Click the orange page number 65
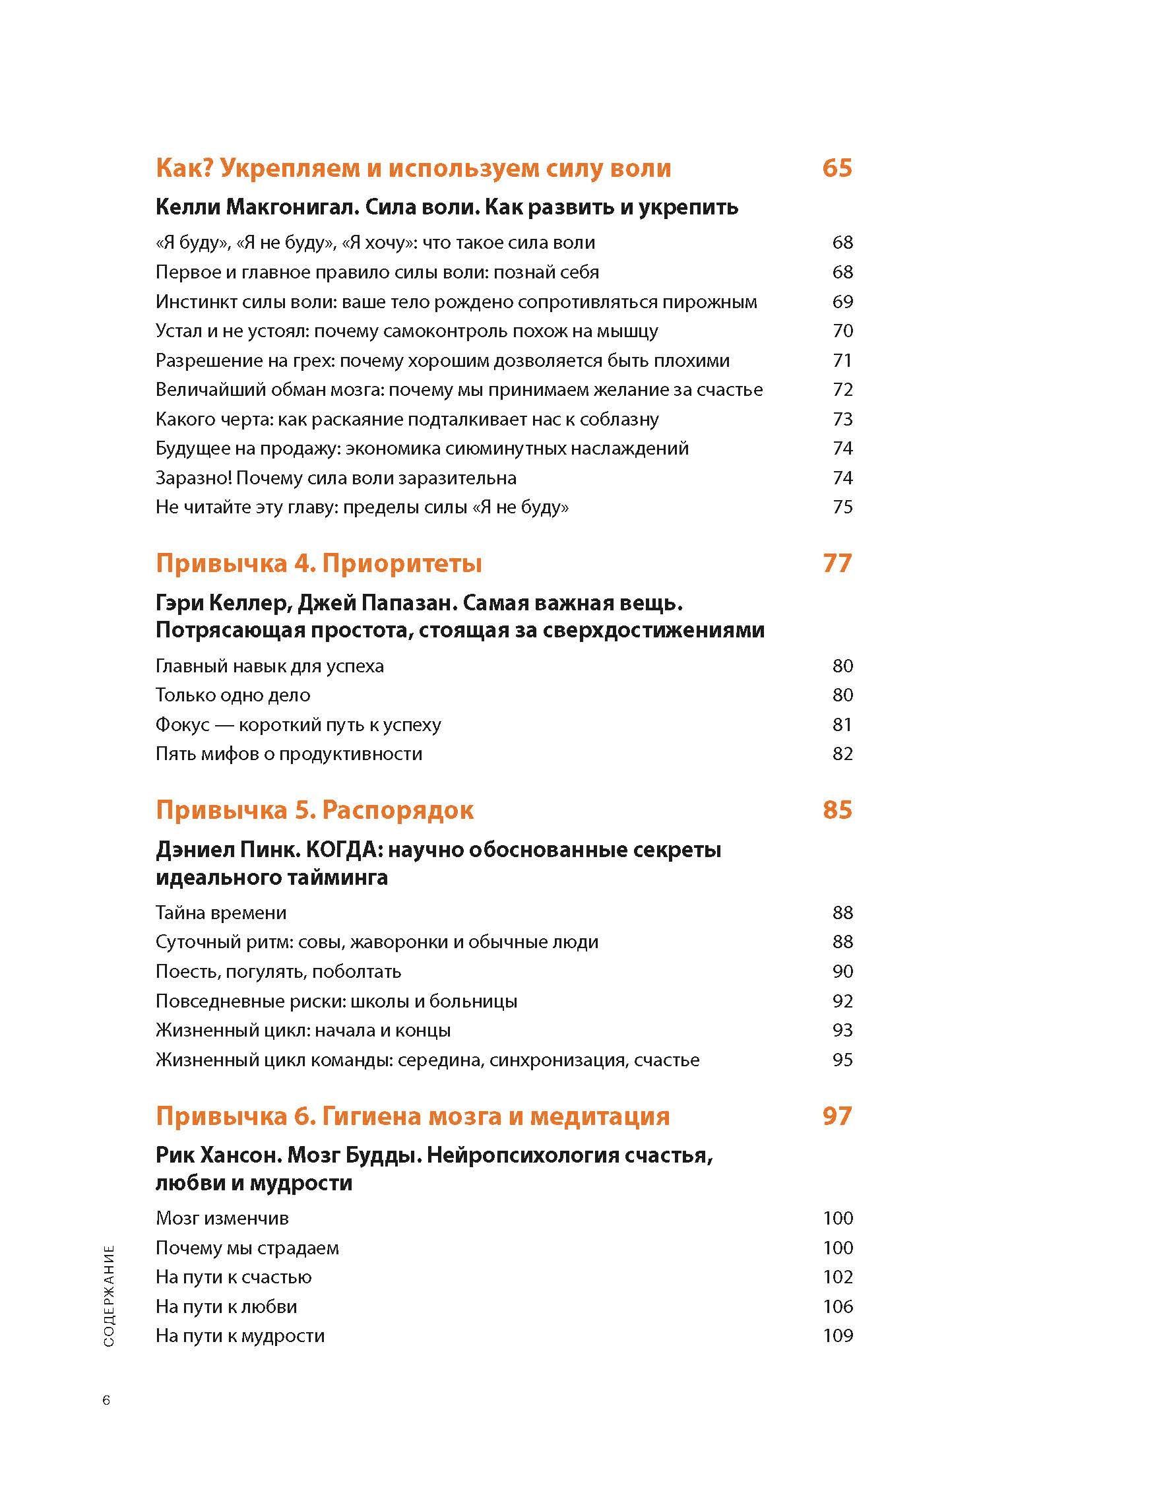tap(837, 168)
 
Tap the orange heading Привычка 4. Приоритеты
tap(318, 563)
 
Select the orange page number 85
tap(837, 810)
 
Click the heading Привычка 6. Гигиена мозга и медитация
tap(412, 1116)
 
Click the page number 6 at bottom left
tap(106, 1401)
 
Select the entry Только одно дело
tap(233, 695)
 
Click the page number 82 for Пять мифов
tap(842, 753)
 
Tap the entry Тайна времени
tap(221, 913)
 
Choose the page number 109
tap(838, 1335)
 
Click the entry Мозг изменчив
tap(222, 1218)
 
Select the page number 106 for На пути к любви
tap(838, 1306)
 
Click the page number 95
tap(842, 1059)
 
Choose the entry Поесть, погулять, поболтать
tap(278, 971)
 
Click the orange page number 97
tap(837, 1116)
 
